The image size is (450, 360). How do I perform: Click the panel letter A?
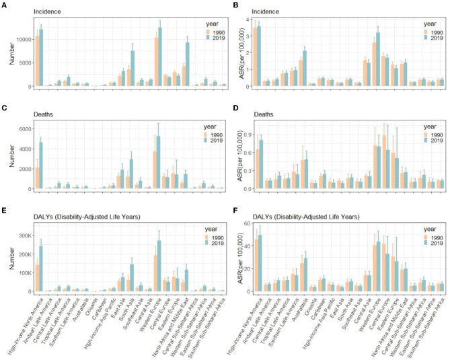[4, 4]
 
